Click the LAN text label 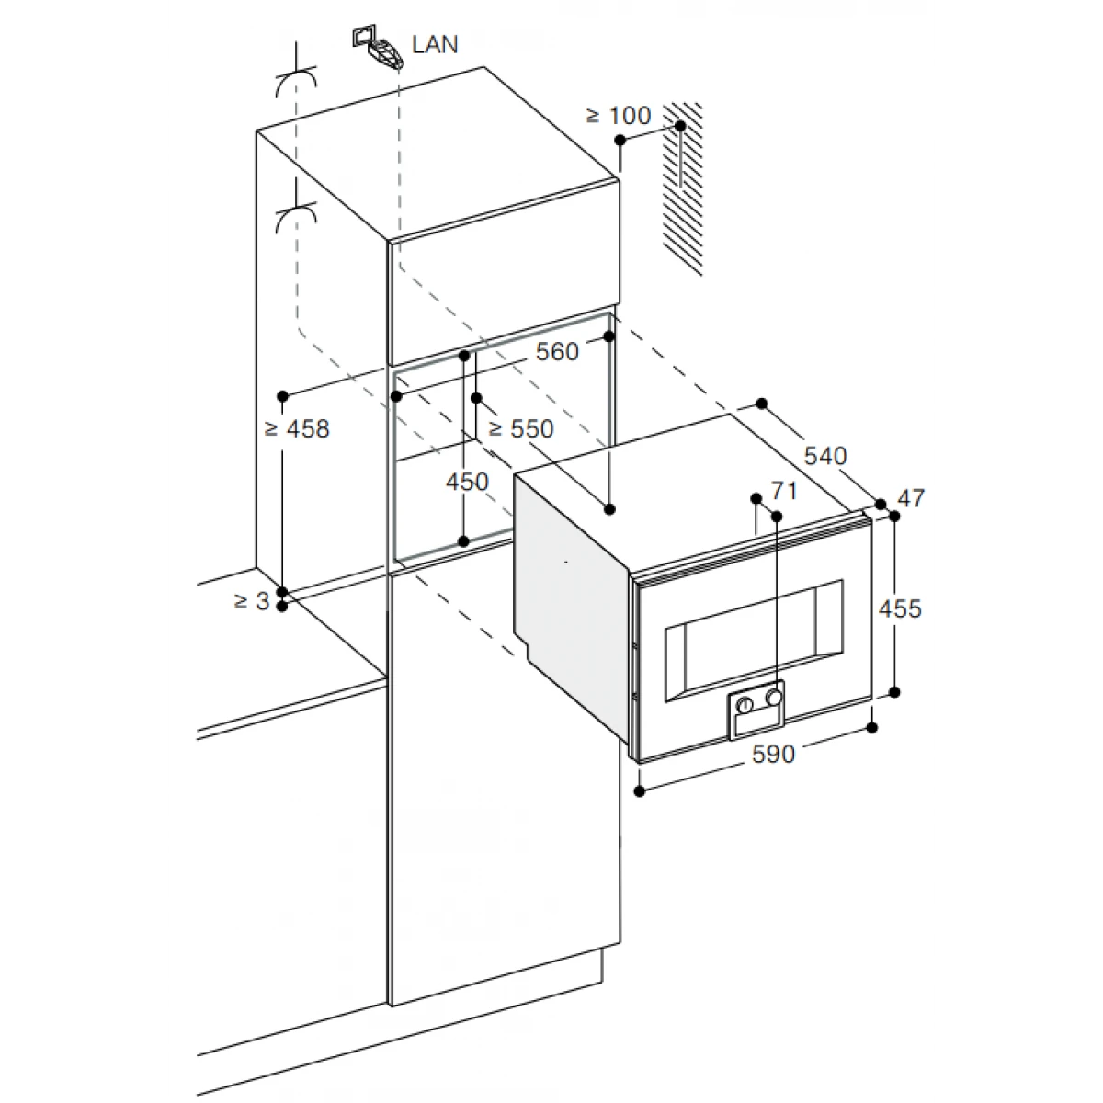coord(435,45)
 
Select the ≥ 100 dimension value coord(619,116)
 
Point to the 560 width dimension coord(557,351)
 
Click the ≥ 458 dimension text coord(297,428)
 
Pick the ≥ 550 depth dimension coord(521,428)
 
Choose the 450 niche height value coord(467,482)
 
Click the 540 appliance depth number coord(825,456)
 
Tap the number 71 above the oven coord(784,491)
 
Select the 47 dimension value coord(911,498)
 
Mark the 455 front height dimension coord(901,608)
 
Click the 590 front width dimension coord(773,755)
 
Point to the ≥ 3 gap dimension coord(252,601)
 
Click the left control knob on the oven coord(745,705)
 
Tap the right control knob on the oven coord(775,697)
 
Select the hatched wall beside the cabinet coord(683,189)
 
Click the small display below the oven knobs coord(756,723)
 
